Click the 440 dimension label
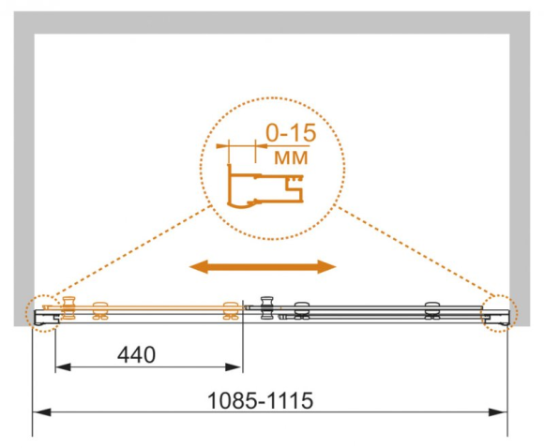pyautogui.click(x=136, y=354)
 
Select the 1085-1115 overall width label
pyautogui.click(x=260, y=400)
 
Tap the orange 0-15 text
pyautogui.click(x=291, y=132)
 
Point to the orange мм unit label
pyautogui.click(x=291, y=157)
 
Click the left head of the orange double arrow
pyautogui.click(x=199, y=267)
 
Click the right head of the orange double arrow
pyautogui.click(x=326, y=267)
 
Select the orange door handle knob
pyautogui.click(x=68, y=307)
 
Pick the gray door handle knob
pyautogui.click(x=267, y=307)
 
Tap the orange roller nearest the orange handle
pyautogui.click(x=100, y=310)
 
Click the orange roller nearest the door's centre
pyautogui.click(x=231, y=310)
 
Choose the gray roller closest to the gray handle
pyautogui.click(x=301, y=310)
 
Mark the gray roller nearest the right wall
pyautogui.click(x=432, y=310)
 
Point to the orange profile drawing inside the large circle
pyautogui.click(x=265, y=189)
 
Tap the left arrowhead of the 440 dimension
pyautogui.click(x=63, y=367)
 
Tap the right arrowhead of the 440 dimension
pyautogui.click(x=234, y=367)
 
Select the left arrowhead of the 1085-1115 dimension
pyautogui.click(x=41, y=412)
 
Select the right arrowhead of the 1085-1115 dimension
pyautogui.click(x=498, y=412)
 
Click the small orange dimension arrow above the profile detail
pyautogui.click(x=242, y=146)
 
